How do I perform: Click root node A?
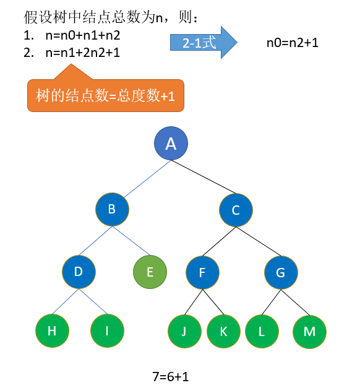(x=171, y=144)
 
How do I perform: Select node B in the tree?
(x=112, y=209)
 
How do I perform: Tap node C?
(x=236, y=210)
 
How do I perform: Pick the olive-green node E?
(x=150, y=272)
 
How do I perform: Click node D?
(x=79, y=272)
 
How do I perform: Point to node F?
(x=202, y=273)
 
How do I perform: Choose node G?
(x=281, y=273)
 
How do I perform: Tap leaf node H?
(x=52, y=331)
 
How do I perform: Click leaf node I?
(x=108, y=331)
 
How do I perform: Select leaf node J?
(x=184, y=331)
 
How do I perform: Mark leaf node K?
(x=223, y=331)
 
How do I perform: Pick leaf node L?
(x=262, y=331)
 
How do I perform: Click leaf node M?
(x=309, y=332)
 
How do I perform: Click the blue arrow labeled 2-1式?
(x=204, y=43)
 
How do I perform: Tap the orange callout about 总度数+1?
(x=106, y=95)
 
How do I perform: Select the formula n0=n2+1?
(x=293, y=43)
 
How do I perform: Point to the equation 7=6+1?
(x=171, y=377)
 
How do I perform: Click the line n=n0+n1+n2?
(x=83, y=35)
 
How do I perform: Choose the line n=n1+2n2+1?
(x=83, y=53)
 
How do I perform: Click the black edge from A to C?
(x=204, y=177)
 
